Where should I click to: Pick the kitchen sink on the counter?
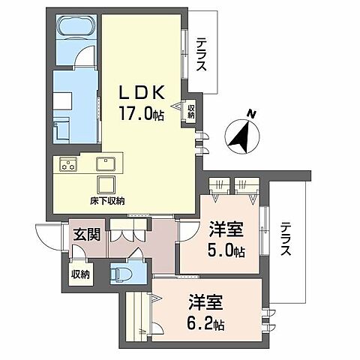(106, 163)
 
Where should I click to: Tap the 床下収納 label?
(107, 200)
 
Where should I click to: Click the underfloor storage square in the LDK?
(105, 184)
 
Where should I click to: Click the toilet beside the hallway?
(120, 273)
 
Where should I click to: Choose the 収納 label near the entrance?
(79, 274)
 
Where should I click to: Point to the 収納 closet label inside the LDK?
(190, 110)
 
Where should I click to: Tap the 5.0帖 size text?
(227, 252)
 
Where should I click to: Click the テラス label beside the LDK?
(202, 55)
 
